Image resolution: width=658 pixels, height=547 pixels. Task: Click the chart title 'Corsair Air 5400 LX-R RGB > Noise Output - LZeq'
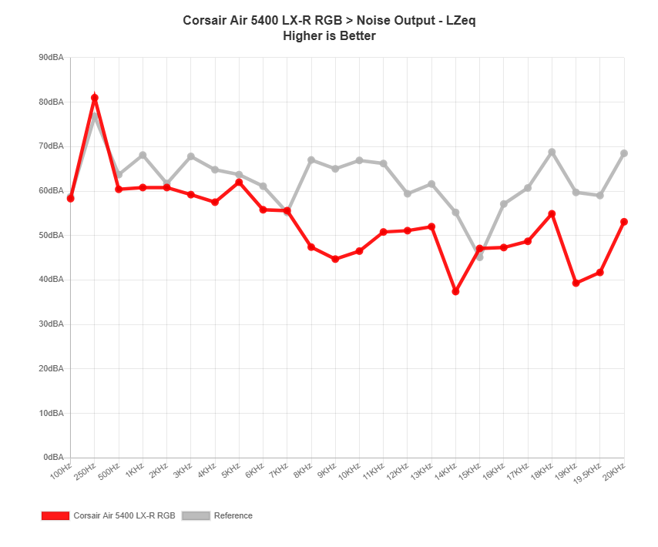pyautogui.click(x=329, y=21)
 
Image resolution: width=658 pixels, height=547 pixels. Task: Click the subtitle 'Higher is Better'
pyautogui.click(x=329, y=35)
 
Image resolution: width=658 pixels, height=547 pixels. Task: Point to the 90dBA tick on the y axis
pyautogui.click(x=51, y=57)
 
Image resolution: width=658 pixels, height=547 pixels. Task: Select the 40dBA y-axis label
pyautogui.click(x=51, y=279)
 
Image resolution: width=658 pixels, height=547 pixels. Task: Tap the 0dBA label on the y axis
pyautogui.click(x=53, y=457)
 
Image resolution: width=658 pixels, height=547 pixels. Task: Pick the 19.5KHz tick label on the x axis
pyautogui.click(x=589, y=472)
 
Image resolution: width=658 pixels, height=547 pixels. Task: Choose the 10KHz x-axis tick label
pyautogui.click(x=350, y=471)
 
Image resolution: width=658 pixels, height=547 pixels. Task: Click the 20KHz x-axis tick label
pyautogui.click(x=615, y=470)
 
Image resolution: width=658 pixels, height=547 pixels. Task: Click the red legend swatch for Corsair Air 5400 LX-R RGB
pyautogui.click(x=55, y=515)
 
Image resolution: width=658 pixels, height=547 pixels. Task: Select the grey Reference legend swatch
pyautogui.click(x=196, y=515)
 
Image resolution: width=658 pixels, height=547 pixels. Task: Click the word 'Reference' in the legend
pyautogui.click(x=233, y=515)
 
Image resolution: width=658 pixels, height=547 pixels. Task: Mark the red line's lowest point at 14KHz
pyautogui.click(x=455, y=292)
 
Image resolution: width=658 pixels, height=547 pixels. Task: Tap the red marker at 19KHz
pyautogui.click(x=576, y=284)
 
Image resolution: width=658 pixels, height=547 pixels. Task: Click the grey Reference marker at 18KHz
pyautogui.click(x=552, y=152)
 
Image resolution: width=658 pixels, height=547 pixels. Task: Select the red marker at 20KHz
pyautogui.click(x=624, y=222)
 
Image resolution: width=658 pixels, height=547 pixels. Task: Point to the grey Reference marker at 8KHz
pyautogui.click(x=311, y=159)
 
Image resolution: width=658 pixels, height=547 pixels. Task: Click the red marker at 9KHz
pyautogui.click(x=335, y=260)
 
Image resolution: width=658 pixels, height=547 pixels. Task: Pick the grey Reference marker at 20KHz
pyautogui.click(x=624, y=153)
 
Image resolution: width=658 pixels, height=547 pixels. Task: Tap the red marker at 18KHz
pyautogui.click(x=552, y=213)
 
